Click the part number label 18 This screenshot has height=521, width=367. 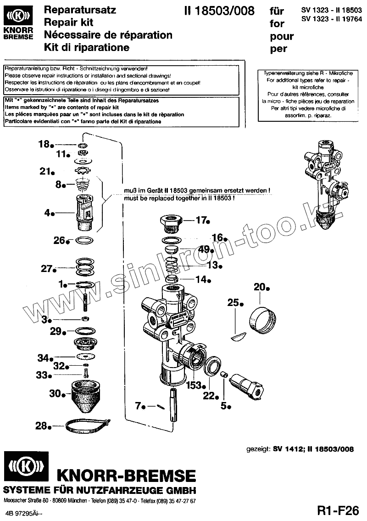[x=44, y=144]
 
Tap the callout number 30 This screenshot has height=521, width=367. [x=55, y=393]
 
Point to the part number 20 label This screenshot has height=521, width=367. [x=260, y=287]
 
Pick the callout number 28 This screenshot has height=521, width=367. [x=42, y=426]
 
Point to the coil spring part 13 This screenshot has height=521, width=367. [x=172, y=266]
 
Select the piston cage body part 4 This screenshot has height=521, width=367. [x=83, y=212]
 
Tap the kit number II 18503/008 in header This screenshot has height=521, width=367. [x=218, y=11]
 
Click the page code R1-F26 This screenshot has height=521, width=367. [x=337, y=510]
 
